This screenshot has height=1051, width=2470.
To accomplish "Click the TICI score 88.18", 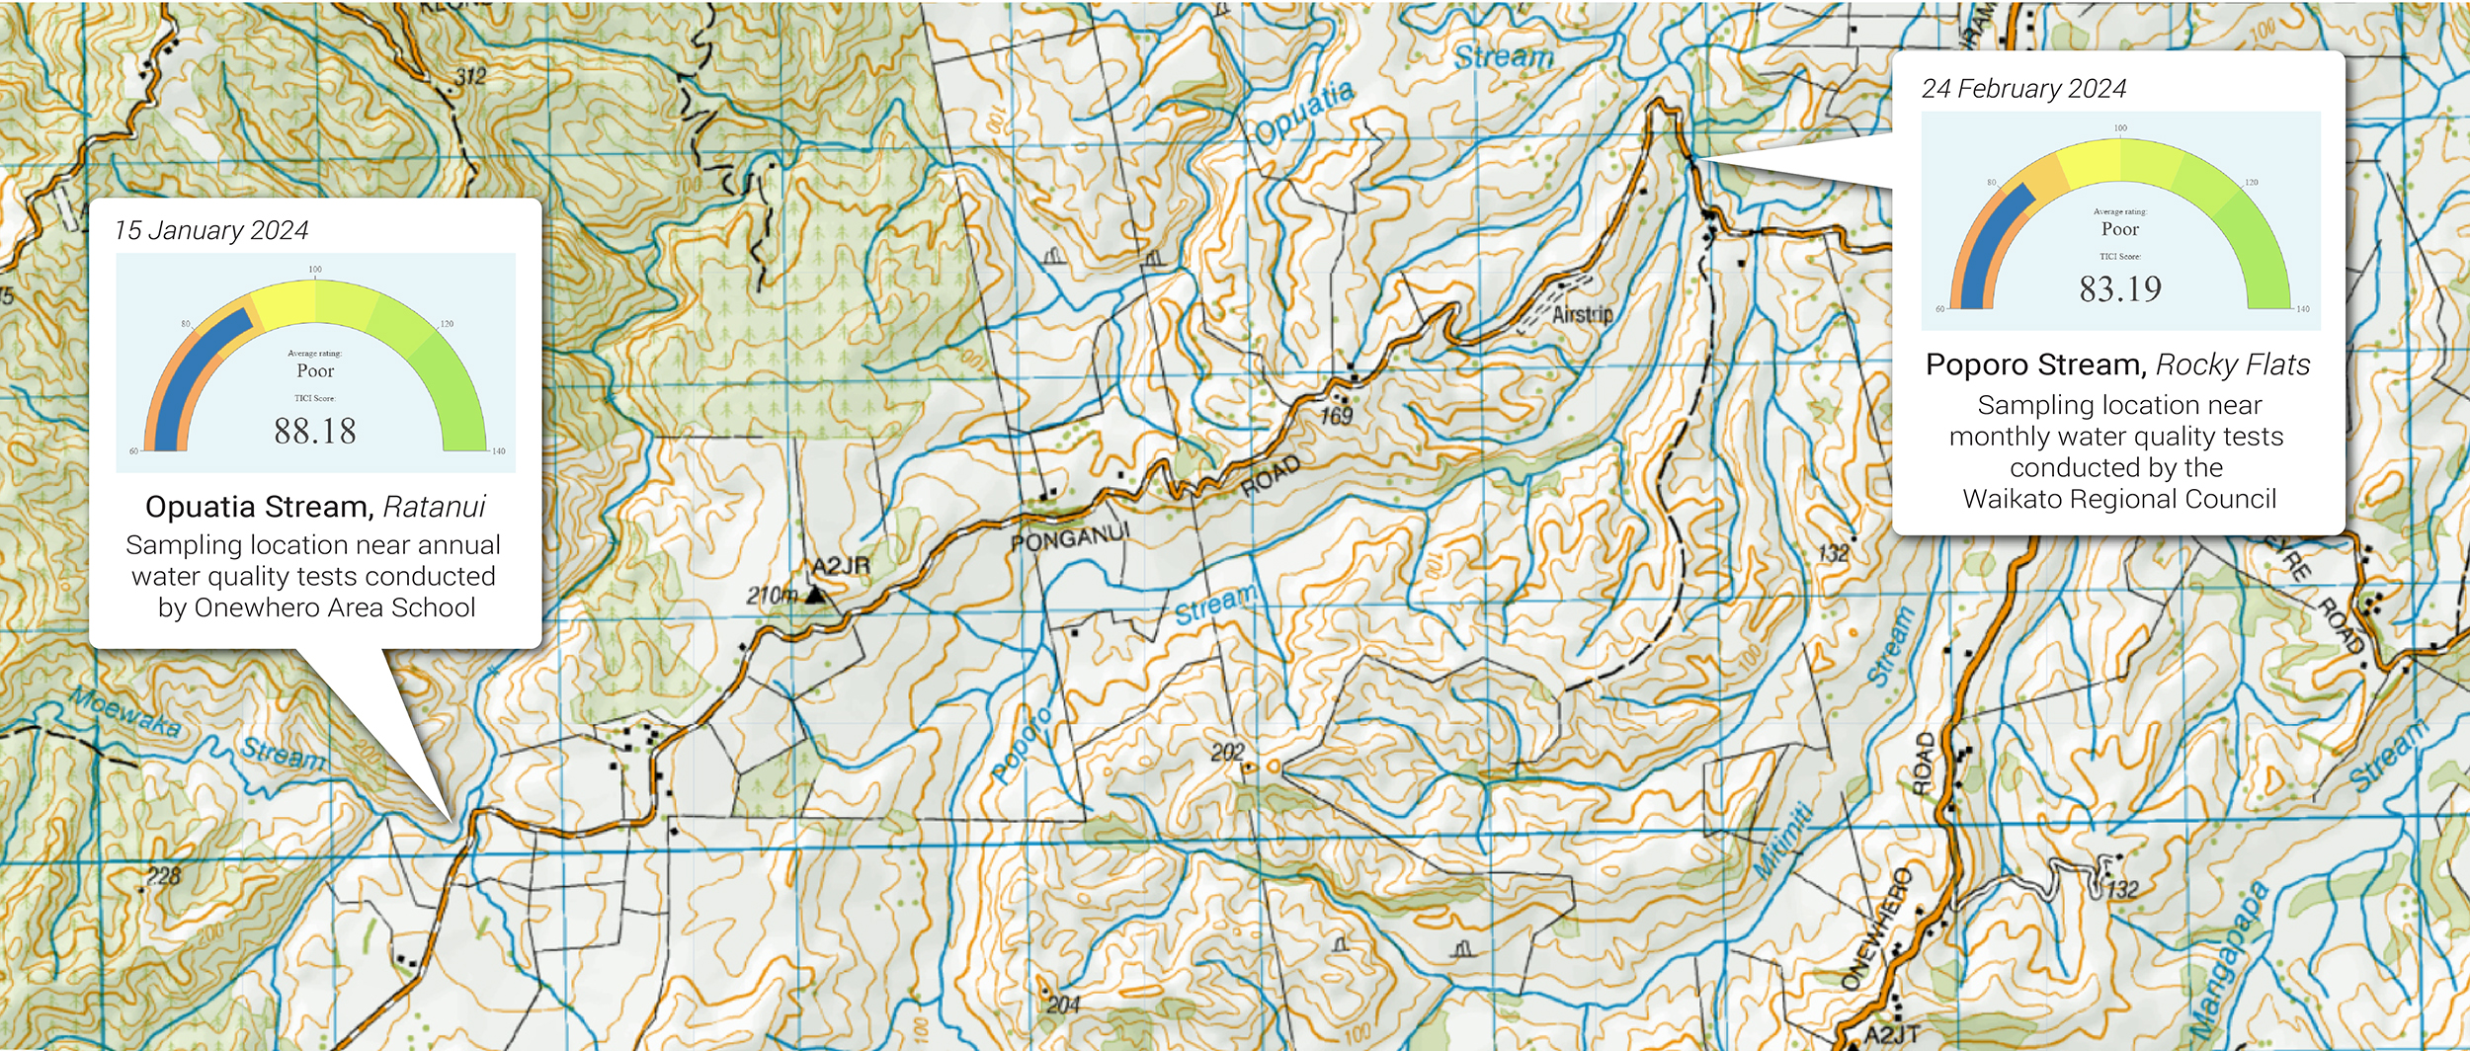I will [x=315, y=432].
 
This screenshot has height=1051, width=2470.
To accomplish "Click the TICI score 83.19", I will [x=2120, y=289].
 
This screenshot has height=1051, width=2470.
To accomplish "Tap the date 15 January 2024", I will [x=211, y=230].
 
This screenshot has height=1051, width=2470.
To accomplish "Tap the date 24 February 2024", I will [x=2023, y=89].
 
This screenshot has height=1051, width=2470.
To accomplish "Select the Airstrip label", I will [x=1582, y=315].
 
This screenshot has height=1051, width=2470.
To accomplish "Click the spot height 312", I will [x=470, y=77].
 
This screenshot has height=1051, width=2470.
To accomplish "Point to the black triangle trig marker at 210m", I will [x=815, y=596].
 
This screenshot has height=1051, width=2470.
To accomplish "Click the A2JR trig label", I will [x=841, y=566].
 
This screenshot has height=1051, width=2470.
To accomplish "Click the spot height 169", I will [x=1336, y=416].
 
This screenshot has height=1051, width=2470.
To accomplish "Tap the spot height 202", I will [x=1227, y=753].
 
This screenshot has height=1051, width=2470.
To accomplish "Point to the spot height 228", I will [x=164, y=876].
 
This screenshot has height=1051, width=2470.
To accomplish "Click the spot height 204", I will [x=1063, y=1006].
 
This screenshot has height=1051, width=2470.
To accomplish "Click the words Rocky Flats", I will [x=2233, y=365].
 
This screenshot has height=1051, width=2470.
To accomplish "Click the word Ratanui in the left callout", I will [x=435, y=507].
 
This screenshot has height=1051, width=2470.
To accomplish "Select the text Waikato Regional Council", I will [x=2119, y=499].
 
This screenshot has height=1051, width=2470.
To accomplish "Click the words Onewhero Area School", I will [x=335, y=607].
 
